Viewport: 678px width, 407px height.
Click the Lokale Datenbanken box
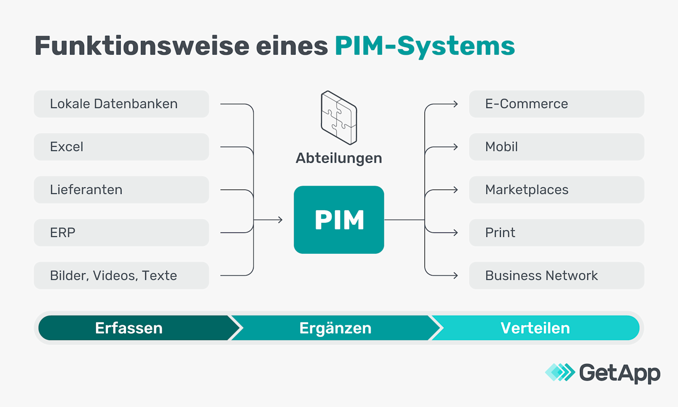click(121, 104)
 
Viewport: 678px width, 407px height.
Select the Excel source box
click(121, 147)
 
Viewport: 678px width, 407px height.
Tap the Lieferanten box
click(121, 190)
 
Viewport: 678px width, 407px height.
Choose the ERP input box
click(121, 232)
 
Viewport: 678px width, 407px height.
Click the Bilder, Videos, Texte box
click(121, 275)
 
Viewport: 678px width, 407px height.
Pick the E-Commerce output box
click(556, 104)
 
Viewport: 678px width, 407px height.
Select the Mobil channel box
click(556, 147)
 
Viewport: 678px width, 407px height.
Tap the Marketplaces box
click(556, 190)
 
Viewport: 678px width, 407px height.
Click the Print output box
click(556, 232)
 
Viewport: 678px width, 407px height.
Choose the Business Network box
click(556, 275)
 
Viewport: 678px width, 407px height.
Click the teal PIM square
click(339, 220)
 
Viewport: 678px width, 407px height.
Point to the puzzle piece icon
click(339, 118)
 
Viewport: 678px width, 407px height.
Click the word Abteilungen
click(339, 158)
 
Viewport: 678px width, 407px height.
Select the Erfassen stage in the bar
click(129, 328)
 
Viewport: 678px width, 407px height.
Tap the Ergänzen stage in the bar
click(335, 328)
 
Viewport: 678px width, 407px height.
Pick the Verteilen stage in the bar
click(535, 328)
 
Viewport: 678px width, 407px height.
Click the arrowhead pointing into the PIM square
click(281, 220)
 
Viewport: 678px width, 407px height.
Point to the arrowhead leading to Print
click(456, 232)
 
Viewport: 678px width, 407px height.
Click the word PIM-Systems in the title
click(424, 46)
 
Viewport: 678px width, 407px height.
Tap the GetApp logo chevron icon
click(560, 372)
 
